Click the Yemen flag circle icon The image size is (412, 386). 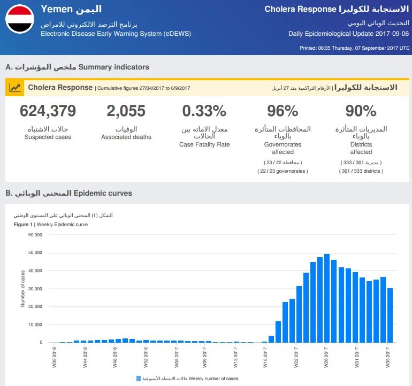point(20,19)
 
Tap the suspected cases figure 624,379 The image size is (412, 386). point(48,111)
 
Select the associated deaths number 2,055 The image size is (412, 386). point(126,111)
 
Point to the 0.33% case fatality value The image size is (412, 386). point(204,111)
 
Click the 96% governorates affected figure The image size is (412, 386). point(283,111)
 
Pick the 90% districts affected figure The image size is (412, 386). point(361,111)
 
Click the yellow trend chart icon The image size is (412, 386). point(15,88)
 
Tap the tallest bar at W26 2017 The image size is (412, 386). point(327,298)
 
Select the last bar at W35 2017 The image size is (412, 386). point(390,315)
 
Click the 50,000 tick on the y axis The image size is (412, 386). point(35,252)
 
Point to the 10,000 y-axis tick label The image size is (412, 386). point(35,325)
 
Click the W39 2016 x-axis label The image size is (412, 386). point(54,357)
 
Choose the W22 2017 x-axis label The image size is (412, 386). point(296,357)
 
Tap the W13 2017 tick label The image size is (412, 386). point(235,357)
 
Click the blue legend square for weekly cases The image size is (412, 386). point(139,379)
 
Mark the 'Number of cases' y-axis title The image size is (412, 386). point(22,289)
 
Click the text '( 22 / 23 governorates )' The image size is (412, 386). point(283,171)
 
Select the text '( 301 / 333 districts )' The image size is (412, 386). point(361,171)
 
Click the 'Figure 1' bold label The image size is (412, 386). point(23,225)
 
